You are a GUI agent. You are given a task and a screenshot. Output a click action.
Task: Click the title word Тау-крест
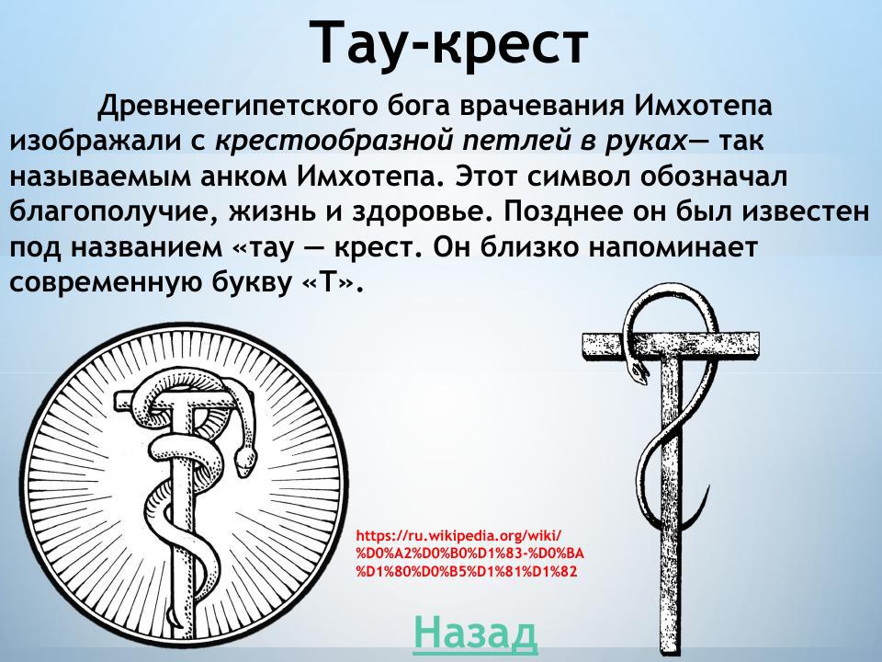pos(448,43)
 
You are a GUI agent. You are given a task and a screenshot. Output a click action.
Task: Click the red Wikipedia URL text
pos(469,553)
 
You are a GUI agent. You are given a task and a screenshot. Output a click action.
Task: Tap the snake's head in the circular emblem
pos(242,461)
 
